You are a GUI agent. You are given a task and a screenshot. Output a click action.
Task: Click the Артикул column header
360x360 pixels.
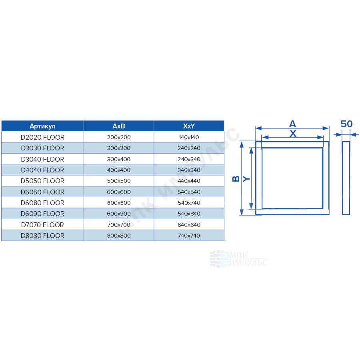click(42, 126)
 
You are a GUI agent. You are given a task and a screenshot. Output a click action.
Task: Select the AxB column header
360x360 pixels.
click(119, 126)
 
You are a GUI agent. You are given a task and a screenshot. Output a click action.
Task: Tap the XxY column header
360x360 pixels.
click(189, 126)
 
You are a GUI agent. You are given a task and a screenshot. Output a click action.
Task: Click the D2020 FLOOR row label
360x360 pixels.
click(42, 137)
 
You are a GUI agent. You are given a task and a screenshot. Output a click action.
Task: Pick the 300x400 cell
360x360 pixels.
click(119, 159)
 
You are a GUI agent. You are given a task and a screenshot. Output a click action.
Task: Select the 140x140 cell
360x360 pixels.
click(189, 137)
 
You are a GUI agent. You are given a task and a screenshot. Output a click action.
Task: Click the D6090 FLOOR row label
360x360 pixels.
click(42, 214)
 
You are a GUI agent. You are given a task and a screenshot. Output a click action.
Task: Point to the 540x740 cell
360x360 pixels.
click(189, 203)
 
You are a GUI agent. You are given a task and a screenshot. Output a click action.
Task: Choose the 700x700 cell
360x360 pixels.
click(119, 225)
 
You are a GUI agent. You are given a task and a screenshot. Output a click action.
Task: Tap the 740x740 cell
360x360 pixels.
click(189, 236)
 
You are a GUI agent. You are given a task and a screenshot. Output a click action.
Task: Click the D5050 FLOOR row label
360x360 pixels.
click(42, 181)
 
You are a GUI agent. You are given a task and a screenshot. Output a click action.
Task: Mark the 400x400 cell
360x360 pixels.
click(119, 170)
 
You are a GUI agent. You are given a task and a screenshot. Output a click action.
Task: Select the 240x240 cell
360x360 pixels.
click(189, 148)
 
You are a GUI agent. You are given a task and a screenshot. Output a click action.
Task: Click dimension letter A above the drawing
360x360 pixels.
click(292, 124)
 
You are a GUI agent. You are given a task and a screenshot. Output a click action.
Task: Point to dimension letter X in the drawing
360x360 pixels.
click(293, 134)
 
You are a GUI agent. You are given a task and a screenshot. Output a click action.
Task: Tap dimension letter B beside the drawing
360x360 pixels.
click(236, 179)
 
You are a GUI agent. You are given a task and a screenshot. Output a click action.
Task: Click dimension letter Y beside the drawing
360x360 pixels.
click(246, 179)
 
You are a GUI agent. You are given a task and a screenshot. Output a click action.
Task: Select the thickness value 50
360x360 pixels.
click(346, 124)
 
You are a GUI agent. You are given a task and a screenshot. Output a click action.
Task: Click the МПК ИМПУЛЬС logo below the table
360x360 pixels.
click(238, 259)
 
